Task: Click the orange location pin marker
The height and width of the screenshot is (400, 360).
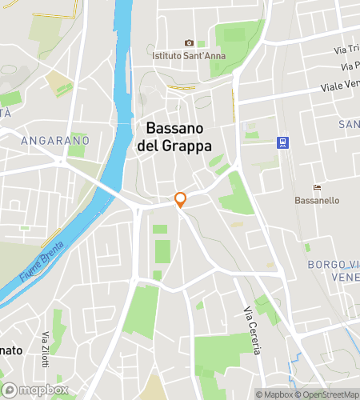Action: (181, 200)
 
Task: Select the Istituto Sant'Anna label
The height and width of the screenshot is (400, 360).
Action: (189, 55)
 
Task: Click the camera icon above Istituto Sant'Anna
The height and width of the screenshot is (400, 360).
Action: (189, 43)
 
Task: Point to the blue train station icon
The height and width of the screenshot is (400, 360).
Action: (282, 142)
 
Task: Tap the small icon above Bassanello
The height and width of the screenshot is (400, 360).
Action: (318, 187)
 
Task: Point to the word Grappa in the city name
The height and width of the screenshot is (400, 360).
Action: (186, 146)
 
